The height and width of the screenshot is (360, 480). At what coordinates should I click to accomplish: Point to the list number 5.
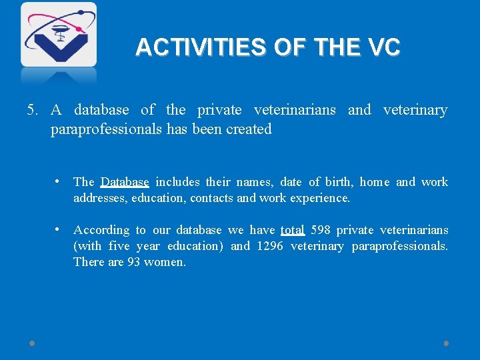pos(31,110)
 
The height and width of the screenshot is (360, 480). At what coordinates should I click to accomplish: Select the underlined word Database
pos(125,182)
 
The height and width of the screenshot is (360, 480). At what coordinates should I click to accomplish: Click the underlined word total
pos(292,230)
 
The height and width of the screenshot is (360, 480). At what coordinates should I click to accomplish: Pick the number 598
pos(321,230)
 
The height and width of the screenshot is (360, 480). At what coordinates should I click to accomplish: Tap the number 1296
pos(270,246)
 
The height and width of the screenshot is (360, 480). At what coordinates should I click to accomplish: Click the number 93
pos(135,262)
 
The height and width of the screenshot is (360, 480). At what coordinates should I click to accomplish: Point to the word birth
pos(340,182)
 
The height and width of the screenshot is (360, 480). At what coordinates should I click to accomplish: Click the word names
pos(254,182)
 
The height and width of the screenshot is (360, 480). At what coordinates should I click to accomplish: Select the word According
pos(101,230)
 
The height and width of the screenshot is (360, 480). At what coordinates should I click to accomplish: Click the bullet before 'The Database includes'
pos(60,181)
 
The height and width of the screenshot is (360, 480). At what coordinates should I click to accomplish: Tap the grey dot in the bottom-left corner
pos(32,343)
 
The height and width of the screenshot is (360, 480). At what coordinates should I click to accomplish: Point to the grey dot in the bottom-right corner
pos(446,343)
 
